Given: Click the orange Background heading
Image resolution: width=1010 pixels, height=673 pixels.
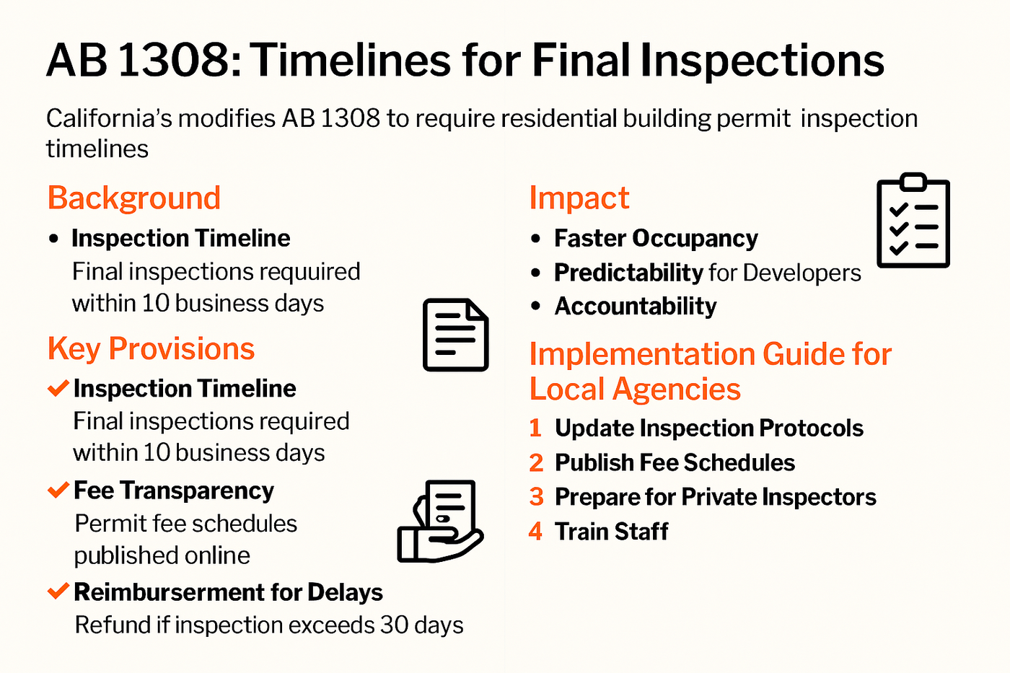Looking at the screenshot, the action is pyautogui.click(x=134, y=198).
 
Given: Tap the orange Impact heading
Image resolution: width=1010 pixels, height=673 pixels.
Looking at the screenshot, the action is pyautogui.click(x=579, y=198).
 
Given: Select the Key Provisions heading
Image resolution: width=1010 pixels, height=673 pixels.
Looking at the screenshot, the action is pyautogui.click(x=151, y=349).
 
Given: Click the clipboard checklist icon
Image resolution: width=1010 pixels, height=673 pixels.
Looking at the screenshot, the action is pyautogui.click(x=913, y=221).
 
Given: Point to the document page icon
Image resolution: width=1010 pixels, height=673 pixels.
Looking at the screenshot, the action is pyautogui.click(x=456, y=335).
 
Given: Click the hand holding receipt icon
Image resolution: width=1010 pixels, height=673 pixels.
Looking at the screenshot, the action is pyautogui.click(x=440, y=521).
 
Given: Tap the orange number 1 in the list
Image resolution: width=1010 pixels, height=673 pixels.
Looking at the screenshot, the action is pyautogui.click(x=535, y=428).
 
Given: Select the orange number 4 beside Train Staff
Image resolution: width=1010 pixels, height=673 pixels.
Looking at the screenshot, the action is pyautogui.click(x=535, y=531).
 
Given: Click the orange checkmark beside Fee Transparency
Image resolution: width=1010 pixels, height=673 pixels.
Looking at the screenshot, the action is pyautogui.click(x=58, y=490).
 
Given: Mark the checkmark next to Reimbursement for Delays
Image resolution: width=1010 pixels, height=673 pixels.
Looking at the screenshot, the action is pyautogui.click(x=58, y=591).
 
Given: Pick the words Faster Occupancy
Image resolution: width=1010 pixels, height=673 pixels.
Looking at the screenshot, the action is pyautogui.click(x=656, y=239).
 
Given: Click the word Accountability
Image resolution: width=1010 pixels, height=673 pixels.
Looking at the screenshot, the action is pyautogui.click(x=636, y=307).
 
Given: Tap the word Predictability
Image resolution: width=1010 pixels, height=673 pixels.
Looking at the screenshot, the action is pyautogui.click(x=628, y=273).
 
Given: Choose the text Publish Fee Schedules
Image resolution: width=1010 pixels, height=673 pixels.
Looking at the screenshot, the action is pyautogui.click(x=675, y=462).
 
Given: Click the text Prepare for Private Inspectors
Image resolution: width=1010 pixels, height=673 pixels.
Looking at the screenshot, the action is pyautogui.click(x=716, y=497).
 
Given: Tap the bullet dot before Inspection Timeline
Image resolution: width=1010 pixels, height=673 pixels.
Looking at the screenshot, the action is pyautogui.click(x=53, y=239).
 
